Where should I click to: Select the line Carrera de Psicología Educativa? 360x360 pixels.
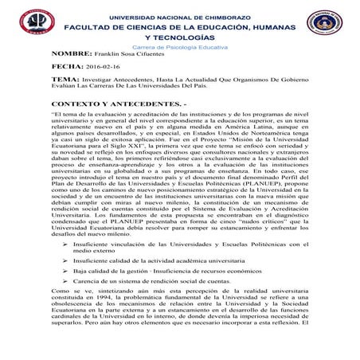(x=180, y=48)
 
